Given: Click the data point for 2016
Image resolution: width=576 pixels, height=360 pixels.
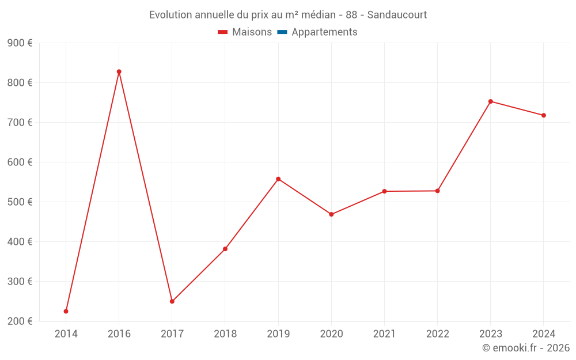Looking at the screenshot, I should point(119,72).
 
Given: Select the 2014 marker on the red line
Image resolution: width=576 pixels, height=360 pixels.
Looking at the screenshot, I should point(66,311).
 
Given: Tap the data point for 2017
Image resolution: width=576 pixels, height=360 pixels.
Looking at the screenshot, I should point(172,301).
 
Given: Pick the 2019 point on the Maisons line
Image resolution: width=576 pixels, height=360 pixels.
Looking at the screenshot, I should point(278,179).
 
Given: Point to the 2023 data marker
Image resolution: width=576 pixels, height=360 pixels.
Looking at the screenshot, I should point(491,101).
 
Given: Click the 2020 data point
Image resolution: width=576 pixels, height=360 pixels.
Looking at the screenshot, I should point(331,214).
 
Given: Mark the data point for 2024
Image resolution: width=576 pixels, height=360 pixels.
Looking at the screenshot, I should point(544,115).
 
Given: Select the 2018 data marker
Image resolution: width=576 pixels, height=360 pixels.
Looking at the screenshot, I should point(225,249).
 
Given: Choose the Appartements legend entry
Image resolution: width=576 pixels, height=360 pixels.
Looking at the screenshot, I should point(324,32).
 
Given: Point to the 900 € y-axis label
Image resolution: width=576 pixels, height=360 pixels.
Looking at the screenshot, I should point(20,43).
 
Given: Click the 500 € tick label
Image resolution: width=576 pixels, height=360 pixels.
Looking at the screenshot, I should point(20,202).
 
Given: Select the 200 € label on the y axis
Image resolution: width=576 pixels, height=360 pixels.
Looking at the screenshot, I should point(20,321).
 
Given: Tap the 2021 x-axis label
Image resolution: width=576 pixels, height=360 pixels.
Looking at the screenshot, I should point(384,334).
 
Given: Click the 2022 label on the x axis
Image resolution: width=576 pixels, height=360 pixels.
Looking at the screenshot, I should point(437,334).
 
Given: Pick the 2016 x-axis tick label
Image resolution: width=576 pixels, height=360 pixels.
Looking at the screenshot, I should point(119,334).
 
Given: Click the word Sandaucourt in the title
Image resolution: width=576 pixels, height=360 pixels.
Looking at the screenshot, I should point(397,15).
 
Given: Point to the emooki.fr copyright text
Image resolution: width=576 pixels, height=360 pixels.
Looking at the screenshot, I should point(526,348).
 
